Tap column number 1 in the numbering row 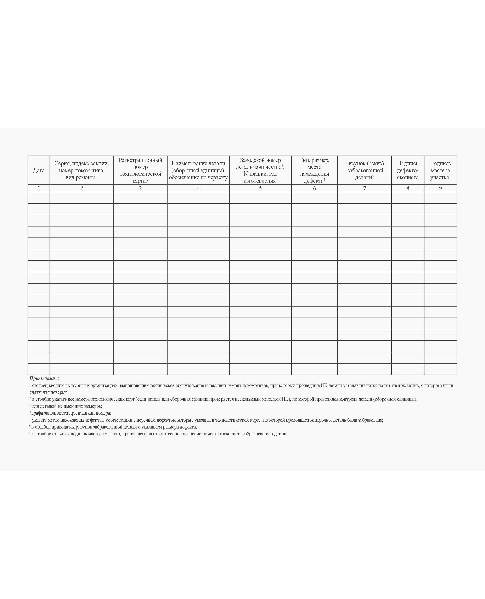coord(39,189)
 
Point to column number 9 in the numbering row coord(440,189)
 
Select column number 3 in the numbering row coord(140,189)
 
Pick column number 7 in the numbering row coord(364,189)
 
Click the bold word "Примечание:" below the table coord(44,379)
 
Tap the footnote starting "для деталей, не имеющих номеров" coord(67,406)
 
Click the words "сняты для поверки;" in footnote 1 coord(48,392)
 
